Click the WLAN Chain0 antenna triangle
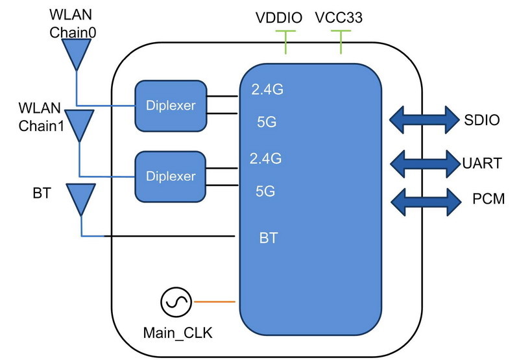pos(77,53)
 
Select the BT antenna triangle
pos(81,198)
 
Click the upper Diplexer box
pos(171,104)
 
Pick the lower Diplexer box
pos(171,176)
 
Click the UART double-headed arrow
pos(420,162)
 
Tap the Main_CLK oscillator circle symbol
pos(176,302)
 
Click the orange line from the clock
pos(213,302)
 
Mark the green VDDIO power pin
pos(285,41)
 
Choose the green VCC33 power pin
pos(341,41)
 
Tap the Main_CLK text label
pos(177,334)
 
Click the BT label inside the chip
pos(268,238)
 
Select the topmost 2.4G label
pos(267,91)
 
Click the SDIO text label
pos(481,120)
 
